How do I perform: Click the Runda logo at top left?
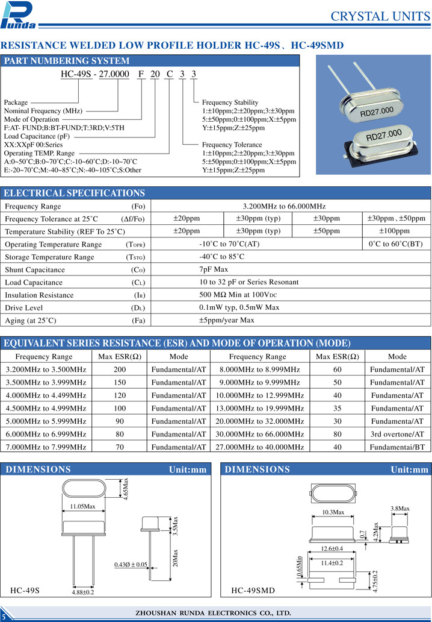tap(19, 15)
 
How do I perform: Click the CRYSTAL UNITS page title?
tap(380, 16)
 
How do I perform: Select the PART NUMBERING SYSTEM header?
tap(67, 61)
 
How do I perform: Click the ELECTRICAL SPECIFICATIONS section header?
tap(75, 193)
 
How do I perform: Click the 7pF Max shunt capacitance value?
tap(213, 269)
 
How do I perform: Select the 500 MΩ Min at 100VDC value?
tap(238, 295)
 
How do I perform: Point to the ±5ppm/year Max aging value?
tap(226, 320)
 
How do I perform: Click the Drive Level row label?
tap(23, 307)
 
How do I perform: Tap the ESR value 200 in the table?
tap(120, 369)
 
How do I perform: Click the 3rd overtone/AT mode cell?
tap(397, 434)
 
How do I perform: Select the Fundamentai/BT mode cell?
tap(397, 447)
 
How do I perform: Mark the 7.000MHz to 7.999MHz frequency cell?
tap(46, 447)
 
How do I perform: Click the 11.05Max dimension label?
tap(83, 506)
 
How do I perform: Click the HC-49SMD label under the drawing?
tap(253, 591)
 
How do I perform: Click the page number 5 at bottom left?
tap(4, 615)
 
